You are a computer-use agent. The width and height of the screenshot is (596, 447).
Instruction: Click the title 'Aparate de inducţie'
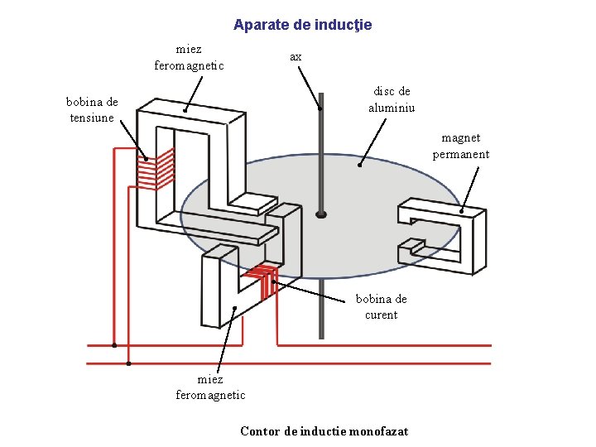tap(302, 25)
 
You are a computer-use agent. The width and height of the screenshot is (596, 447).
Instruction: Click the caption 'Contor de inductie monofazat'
tap(324, 430)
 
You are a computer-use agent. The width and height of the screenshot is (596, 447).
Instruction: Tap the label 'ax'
tap(296, 56)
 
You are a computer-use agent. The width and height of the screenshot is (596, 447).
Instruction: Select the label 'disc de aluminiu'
tap(392, 99)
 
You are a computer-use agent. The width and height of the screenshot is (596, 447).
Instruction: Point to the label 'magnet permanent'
tap(460, 146)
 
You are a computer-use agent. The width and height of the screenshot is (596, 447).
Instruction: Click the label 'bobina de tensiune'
tap(92, 109)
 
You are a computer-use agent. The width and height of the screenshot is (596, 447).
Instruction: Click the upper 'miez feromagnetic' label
tap(189, 57)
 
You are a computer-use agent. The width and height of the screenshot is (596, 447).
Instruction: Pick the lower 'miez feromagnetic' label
tap(210, 387)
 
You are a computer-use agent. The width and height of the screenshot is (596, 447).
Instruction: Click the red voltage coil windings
tap(156, 167)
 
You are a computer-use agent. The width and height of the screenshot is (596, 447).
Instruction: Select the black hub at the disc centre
tap(321, 214)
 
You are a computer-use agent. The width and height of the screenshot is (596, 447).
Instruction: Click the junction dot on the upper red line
tap(114, 345)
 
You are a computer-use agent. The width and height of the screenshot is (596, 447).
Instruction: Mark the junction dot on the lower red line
tap(128, 363)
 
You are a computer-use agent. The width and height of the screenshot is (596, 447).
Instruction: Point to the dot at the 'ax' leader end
tap(320, 108)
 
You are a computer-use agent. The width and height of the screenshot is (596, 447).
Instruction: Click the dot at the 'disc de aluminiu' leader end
tap(359, 165)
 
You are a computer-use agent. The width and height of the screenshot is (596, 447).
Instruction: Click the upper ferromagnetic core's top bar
tap(190, 113)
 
